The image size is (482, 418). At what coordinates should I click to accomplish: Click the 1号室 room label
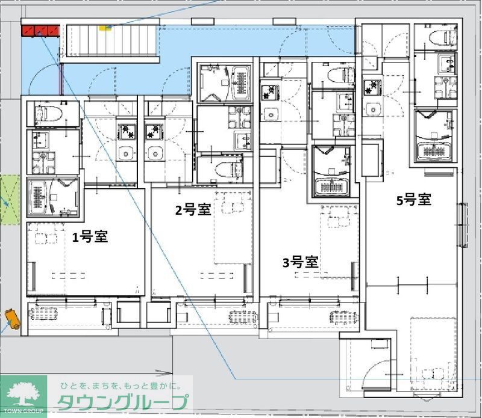[x=90, y=237]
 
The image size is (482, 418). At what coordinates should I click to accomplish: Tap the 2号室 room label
[x=192, y=210]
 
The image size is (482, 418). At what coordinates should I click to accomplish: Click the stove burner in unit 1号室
[x=127, y=129]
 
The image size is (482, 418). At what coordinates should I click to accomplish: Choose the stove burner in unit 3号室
[x=269, y=93]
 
